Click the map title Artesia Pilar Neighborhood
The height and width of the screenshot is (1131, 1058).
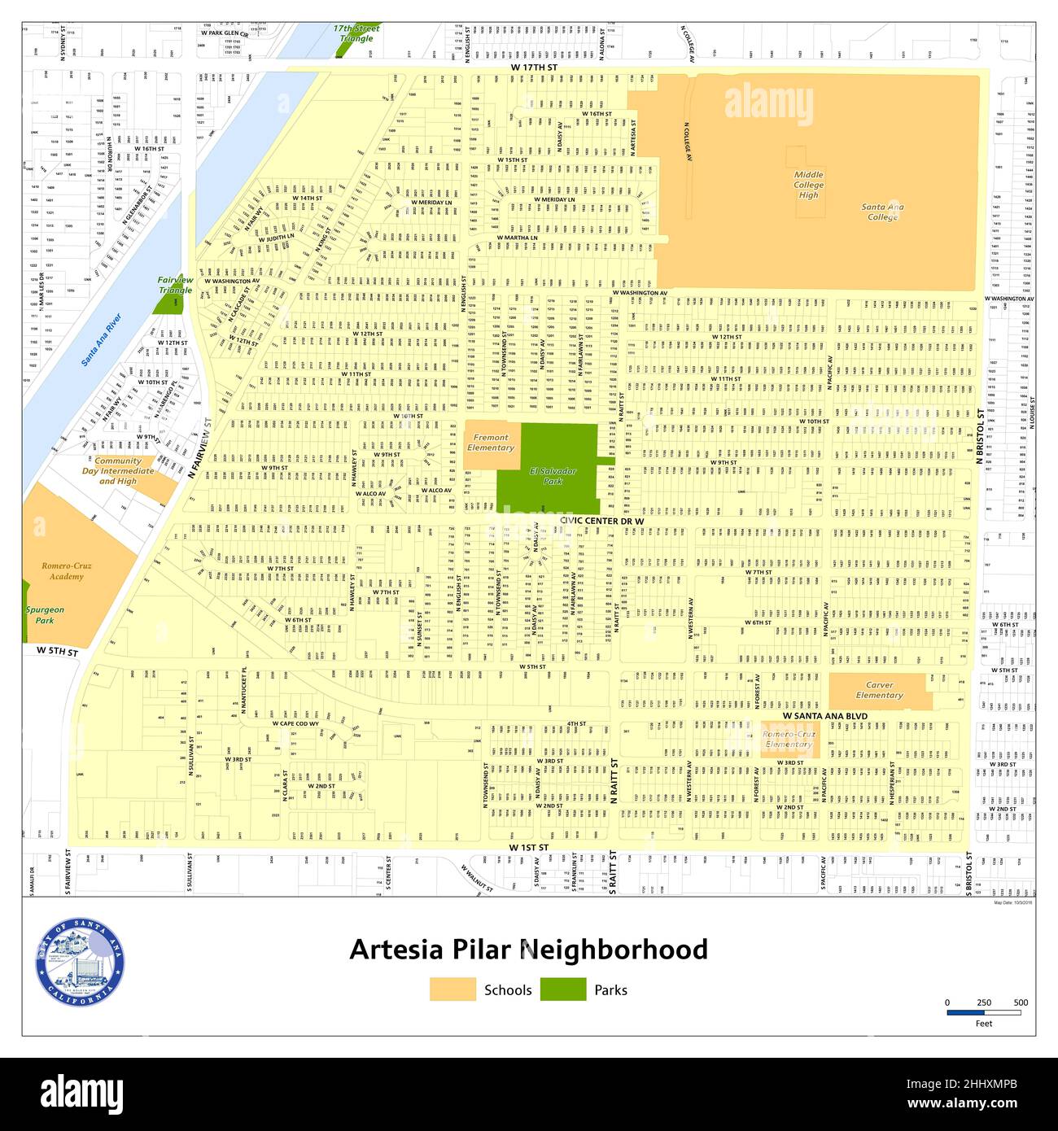click(528, 950)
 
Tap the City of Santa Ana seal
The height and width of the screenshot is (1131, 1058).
click(79, 963)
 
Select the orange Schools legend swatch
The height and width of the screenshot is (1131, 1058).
click(452, 989)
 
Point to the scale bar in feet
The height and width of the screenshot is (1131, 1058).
click(983, 1013)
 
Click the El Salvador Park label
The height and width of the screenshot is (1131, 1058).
click(553, 476)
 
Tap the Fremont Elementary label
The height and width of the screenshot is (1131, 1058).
click(490, 443)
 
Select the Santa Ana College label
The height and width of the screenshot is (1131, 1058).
click(882, 212)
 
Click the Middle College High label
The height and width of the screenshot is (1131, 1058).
click(808, 185)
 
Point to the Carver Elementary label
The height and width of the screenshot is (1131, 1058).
click(879, 690)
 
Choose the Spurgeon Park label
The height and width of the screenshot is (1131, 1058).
click(44, 614)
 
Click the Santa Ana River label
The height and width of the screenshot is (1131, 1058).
click(101, 339)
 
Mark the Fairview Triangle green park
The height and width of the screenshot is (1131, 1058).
click(168, 303)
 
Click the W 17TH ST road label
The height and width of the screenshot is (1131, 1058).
click(534, 67)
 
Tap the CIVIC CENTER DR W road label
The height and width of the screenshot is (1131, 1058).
click(601, 520)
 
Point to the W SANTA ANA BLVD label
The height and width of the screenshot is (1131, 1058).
click(824, 716)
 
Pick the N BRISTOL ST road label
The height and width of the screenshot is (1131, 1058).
click(981, 436)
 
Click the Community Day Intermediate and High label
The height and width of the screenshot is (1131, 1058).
click(118, 471)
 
